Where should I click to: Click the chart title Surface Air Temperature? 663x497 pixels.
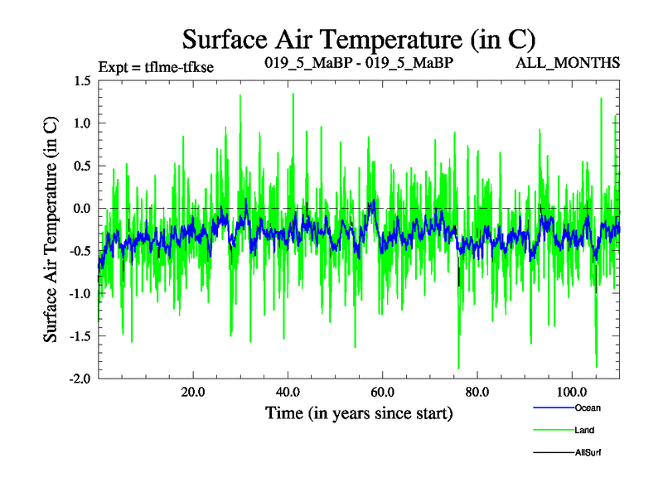click(358, 39)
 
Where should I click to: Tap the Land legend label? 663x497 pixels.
click(584, 430)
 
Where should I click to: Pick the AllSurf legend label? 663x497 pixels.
click(587, 452)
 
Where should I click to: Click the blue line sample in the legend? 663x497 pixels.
click(553, 408)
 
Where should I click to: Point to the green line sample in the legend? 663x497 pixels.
click(553, 430)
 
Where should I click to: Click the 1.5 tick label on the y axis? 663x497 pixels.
click(81, 81)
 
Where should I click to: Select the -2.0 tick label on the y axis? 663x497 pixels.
click(80, 379)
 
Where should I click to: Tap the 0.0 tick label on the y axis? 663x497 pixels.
click(81, 209)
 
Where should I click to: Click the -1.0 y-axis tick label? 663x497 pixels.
click(80, 294)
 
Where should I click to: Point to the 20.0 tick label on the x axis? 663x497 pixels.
click(193, 392)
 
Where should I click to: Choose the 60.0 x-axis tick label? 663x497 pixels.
click(383, 392)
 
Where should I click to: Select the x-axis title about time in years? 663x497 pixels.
click(359, 413)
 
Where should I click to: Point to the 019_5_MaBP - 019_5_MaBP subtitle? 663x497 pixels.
click(358, 63)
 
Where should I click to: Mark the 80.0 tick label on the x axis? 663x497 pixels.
click(477, 392)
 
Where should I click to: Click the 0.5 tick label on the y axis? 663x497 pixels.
click(81, 166)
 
